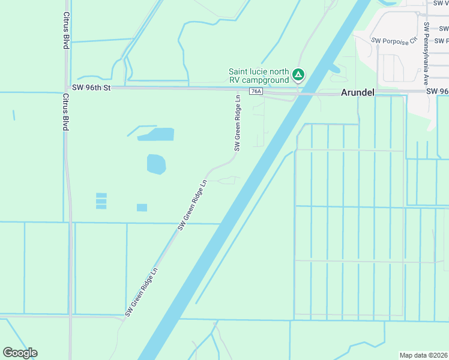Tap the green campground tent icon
point(298,75)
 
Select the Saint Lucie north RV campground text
point(259,75)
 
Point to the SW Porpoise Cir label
point(394,41)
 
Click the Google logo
point(20,353)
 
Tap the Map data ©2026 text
point(424,355)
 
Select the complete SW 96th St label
point(90,88)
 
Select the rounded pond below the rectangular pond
point(156,164)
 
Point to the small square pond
point(142,208)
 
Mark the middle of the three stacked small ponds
point(101,201)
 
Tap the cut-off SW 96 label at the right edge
point(438,91)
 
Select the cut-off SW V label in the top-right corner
point(441,3)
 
